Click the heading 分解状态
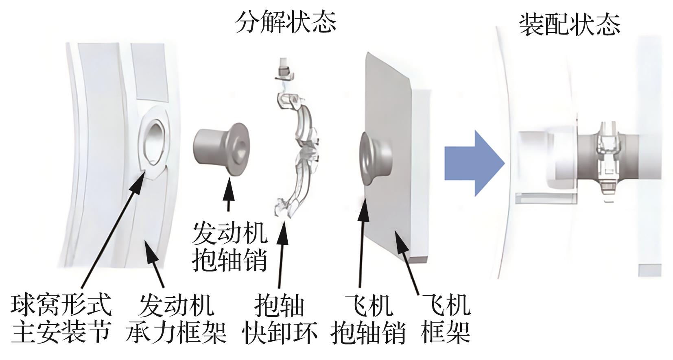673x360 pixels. coord(285,22)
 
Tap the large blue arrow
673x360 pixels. coord(474,164)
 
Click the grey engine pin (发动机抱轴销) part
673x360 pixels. coord(221,149)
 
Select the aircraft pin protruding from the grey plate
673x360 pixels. coord(376,158)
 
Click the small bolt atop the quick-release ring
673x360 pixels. coord(284,69)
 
